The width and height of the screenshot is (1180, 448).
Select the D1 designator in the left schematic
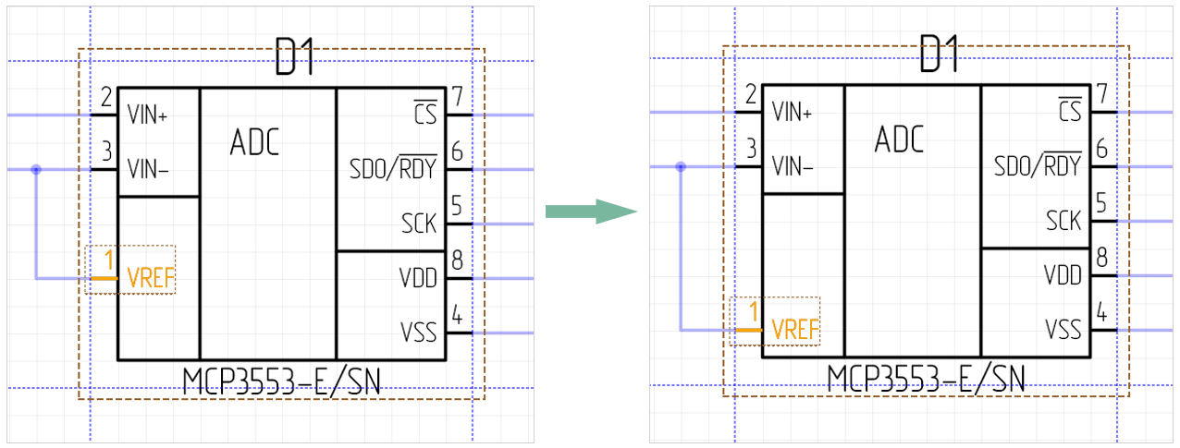click(295, 60)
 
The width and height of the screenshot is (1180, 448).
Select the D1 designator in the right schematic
click(940, 57)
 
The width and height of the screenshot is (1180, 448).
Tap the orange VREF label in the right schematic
click(796, 329)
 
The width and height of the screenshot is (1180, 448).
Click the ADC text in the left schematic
click(254, 143)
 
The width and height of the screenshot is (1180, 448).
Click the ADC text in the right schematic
click(899, 140)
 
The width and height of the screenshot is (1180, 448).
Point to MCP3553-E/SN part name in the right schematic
click(927, 377)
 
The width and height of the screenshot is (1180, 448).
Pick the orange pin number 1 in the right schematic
click(754, 312)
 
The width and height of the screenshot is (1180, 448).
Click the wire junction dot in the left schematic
click(36, 170)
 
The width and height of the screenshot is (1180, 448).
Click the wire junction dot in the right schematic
click(681, 167)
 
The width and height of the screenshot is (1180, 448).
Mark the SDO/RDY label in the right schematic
click(1039, 166)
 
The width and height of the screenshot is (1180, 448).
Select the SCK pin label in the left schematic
click(419, 223)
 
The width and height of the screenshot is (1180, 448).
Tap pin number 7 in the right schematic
click(1101, 92)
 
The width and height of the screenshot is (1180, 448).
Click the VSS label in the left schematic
click(419, 332)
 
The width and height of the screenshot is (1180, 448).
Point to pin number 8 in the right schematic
click(1101, 257)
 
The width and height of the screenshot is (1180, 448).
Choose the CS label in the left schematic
click(424, 114)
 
